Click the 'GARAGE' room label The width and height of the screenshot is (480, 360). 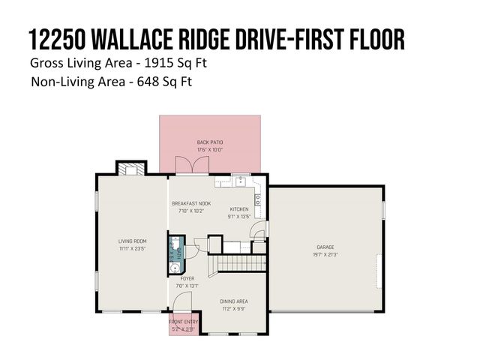point(325,246)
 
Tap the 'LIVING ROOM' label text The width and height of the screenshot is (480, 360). point(130,241)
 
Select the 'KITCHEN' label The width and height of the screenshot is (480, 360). point(238,209)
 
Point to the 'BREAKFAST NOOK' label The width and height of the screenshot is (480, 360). point(190,203)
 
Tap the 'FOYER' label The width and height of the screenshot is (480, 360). point(187,278)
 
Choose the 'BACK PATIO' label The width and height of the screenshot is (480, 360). point(210,142)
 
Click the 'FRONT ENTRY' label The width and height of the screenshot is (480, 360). point(184,323)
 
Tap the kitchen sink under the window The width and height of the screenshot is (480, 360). point(240,180)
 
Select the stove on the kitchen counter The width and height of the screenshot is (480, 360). point(258,199)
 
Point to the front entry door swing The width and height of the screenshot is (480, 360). point(181,302)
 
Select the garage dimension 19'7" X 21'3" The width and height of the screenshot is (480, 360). point(325,253)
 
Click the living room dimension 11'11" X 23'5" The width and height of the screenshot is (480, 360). point(130,248)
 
